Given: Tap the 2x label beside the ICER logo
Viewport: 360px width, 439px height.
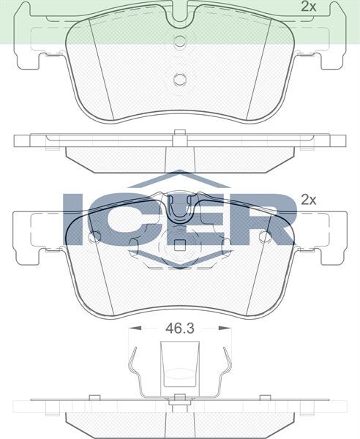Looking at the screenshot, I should (x=308, y=199).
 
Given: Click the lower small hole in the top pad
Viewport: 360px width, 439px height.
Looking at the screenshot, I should (x=179, y=80).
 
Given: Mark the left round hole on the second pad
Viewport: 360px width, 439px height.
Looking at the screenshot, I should (x=94, y=236).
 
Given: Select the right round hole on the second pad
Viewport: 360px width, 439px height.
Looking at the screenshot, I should (x=264, y=236).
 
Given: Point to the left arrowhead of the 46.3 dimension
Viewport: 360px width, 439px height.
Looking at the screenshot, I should (x=132, y=330).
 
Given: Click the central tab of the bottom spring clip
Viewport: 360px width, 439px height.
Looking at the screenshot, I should (x=179, y=366).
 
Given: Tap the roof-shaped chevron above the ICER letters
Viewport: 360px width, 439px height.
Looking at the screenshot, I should (x=179, y=179).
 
